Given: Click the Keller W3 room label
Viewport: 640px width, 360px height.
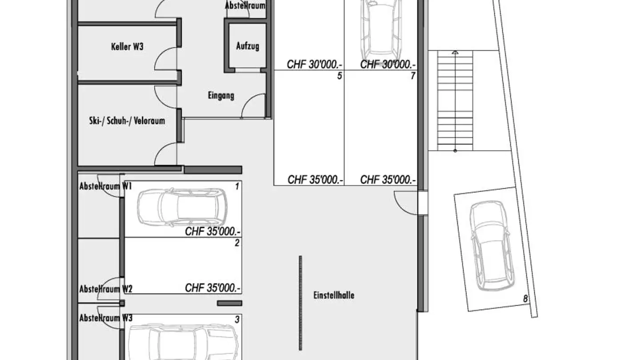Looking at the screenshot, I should click(127, 47).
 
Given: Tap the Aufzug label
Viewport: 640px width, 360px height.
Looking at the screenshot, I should click(248, 46).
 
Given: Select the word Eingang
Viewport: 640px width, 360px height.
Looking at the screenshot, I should click(221, 95).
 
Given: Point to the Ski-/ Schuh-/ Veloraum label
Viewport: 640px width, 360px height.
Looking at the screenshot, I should click(127, 120).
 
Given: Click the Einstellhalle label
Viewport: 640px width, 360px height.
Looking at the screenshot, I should click(334, 295).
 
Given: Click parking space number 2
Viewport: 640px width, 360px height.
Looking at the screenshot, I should click(237, 243).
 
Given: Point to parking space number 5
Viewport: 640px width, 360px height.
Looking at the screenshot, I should click(340, 76).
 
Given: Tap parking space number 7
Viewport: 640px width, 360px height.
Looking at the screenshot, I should click(412, 76).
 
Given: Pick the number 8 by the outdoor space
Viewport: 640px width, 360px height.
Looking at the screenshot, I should click(525, 299).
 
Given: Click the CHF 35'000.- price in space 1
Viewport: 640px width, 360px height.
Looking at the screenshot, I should click(213, 232).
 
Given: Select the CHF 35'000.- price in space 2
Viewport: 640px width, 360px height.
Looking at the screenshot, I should click(213, 288).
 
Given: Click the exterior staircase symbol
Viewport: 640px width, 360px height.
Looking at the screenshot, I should click(455, 101).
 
